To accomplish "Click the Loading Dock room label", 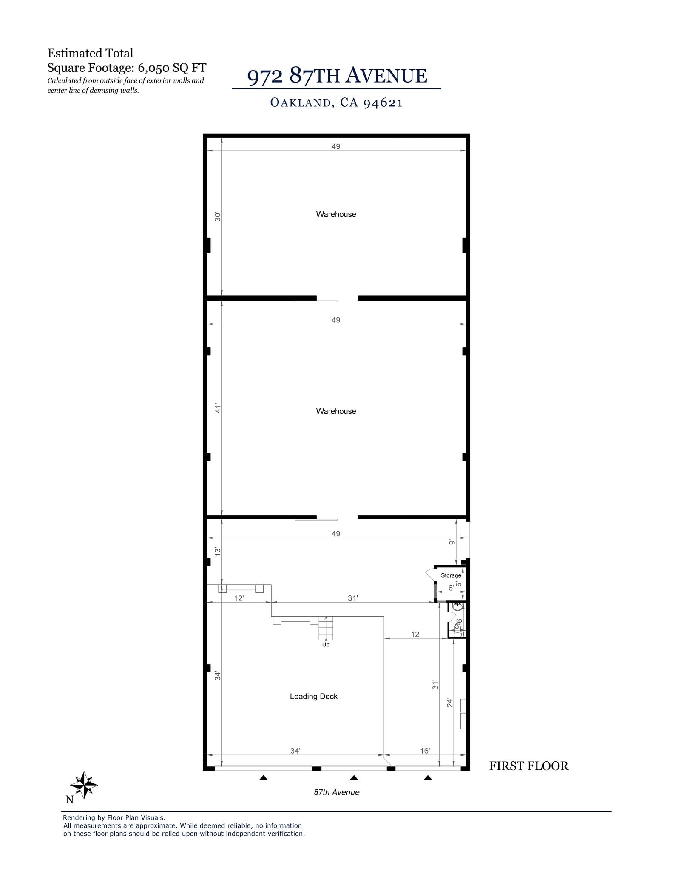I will (313, 696).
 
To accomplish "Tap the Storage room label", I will (451, 575).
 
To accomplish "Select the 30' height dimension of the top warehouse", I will (218, 216).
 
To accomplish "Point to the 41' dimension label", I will (218, 408).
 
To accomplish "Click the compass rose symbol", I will (84, 785).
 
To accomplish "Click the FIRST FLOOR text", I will (528, 766).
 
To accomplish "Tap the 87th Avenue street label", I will (337, 792).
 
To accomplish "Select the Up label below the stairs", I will (326, 645).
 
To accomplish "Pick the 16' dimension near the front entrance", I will (425, 751).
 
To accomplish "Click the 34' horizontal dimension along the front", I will (295, 751).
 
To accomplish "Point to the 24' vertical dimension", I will (449, 703).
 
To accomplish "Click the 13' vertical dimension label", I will (218, 552).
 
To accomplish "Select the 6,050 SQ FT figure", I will (172, 68).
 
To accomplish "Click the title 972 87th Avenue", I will (337, 76).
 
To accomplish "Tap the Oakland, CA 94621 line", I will (336, 102).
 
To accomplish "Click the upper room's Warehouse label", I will (336, 214).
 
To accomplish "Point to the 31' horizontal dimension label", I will (353, 598).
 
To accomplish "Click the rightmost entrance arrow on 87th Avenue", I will (428, 778).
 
